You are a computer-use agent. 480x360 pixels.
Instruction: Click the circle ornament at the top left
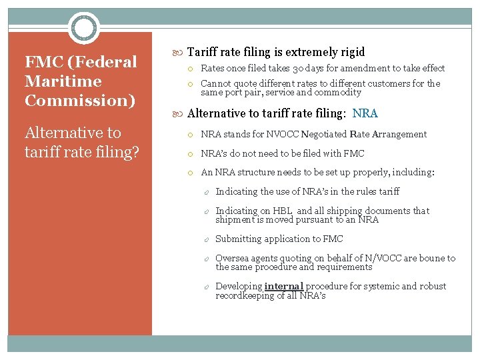[x=85, y=28]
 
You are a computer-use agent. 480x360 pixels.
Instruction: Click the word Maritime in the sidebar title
[x=63, y=81]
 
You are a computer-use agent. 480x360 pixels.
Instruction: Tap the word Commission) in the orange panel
[x=80, y=101]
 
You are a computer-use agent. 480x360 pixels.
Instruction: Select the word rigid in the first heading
[x=351, y=52]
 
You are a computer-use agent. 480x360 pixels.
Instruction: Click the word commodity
[x=338, y=92]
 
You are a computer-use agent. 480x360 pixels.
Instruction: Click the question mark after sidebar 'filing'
[x=135, y=152]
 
